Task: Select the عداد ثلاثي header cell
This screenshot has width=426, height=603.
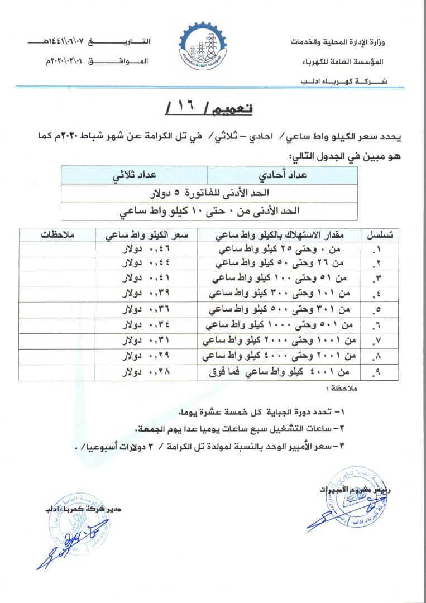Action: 135,175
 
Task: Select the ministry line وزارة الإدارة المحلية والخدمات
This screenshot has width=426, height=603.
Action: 340,42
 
